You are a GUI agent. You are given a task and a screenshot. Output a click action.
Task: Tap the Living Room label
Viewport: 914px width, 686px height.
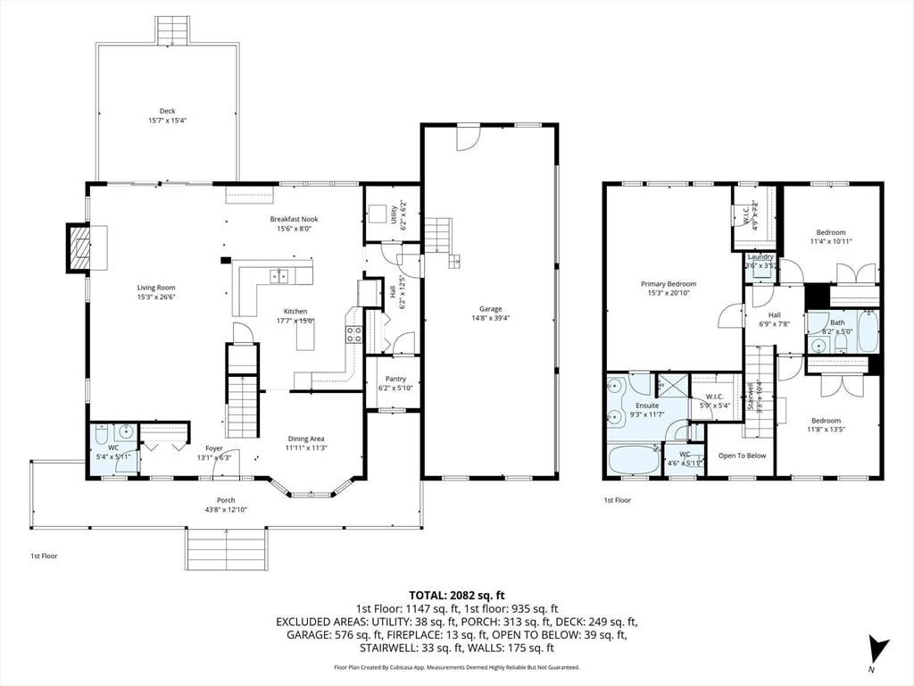click(156, 288)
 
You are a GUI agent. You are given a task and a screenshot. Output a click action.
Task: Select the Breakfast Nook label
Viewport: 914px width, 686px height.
click(294, 219)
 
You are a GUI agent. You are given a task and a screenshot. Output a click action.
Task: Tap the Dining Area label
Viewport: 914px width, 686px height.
click(305, 439)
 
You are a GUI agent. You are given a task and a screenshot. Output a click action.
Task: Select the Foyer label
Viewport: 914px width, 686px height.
click(214, 448)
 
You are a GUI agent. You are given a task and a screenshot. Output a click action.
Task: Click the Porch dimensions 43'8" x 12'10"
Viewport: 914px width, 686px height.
click(227, 509)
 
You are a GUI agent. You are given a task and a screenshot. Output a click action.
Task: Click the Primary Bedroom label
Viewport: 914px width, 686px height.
click(665, 284)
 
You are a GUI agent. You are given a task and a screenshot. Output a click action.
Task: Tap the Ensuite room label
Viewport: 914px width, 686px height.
click(646, 406)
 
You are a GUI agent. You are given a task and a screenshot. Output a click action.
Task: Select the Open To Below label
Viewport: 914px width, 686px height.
click(742, 456)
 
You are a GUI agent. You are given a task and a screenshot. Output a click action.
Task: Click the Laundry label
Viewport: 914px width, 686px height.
click(760, 257)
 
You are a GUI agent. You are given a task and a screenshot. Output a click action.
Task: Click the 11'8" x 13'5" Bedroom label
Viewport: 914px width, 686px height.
click(826, 421)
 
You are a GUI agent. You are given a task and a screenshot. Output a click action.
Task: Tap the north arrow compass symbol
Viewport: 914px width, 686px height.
click(879, 648)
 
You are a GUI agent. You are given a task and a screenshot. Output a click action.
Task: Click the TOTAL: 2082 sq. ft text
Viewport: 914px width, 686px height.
click(457, 594)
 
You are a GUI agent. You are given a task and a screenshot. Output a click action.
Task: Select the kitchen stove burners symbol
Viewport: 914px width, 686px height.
click(353, 335)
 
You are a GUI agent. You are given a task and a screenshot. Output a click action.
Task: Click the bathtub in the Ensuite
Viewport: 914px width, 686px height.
click(634, 460)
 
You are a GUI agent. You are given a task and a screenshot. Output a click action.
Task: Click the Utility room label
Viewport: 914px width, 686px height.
click(393, 214)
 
